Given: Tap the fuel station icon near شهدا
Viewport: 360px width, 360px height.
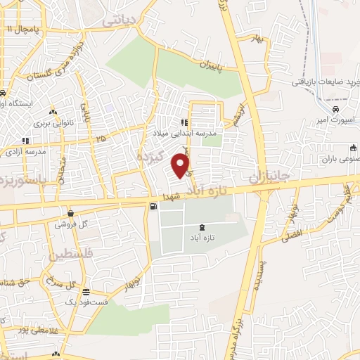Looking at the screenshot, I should (x=153, y=206).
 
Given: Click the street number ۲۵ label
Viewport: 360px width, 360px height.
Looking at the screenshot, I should (x=102, y=139).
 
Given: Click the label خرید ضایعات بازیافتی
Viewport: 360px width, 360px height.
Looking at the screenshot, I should (x=321, y=81).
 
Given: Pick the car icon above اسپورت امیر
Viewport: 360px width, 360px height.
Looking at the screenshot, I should (x=336, y=110).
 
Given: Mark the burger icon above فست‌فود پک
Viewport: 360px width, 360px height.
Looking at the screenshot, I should (x=86, y=292).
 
